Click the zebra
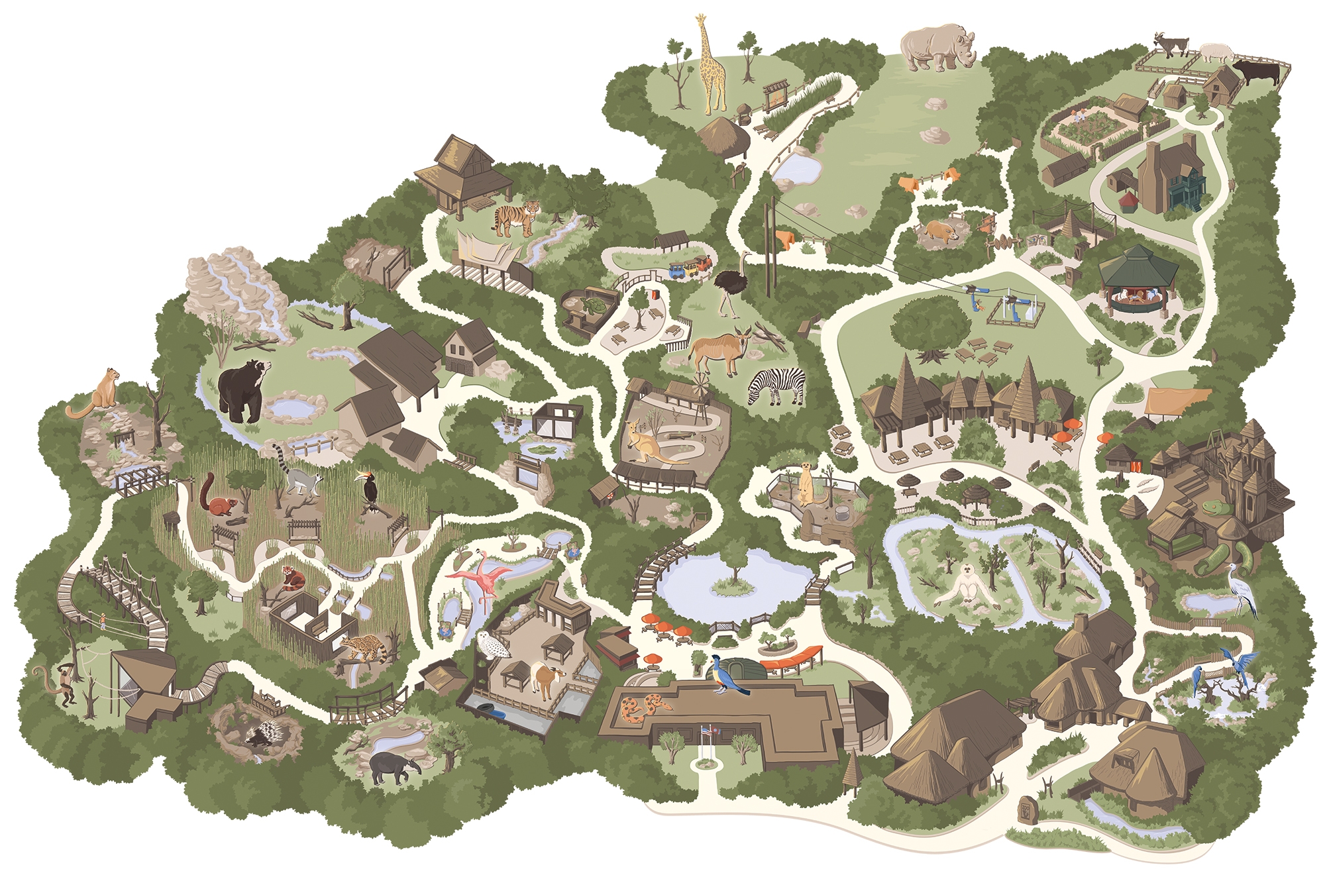[x=778, y=386]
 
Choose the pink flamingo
[x=482, y=576]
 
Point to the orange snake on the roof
[x=640, y=709]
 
